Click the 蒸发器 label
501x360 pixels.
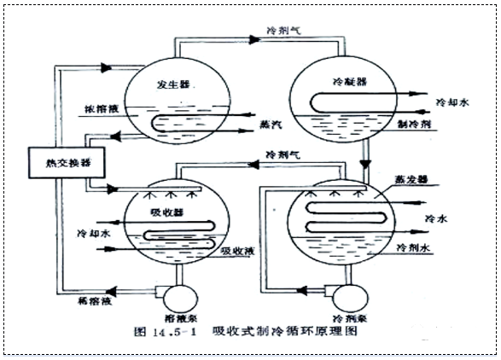[x=411, y=180]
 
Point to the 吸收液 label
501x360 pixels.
[x=238, y=252]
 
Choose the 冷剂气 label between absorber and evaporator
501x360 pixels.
[x=283, y=155]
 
